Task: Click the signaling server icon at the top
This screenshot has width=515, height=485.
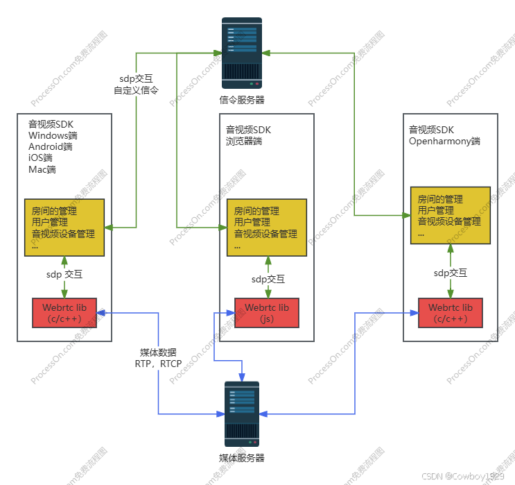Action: point(241,53)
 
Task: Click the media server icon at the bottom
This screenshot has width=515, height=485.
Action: point(242,414)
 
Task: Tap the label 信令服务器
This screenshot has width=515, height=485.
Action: point(242,100)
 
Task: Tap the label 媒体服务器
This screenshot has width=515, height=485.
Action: point(242,458)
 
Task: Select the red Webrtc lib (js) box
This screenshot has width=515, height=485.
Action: point(266,313)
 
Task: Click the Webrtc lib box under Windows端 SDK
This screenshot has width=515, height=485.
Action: point(64,312)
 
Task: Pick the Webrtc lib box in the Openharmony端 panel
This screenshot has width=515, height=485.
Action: point(450,313)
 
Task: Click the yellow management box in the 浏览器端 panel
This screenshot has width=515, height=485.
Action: point(266,228)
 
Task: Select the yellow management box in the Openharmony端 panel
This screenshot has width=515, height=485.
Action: point(450,214)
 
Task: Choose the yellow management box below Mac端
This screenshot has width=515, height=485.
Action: point(64,227)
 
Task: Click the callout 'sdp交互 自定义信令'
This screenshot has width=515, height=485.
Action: point(136,84)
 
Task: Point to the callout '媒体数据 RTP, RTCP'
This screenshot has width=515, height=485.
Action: point(158,357)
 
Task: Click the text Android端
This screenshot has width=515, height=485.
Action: point(51,147)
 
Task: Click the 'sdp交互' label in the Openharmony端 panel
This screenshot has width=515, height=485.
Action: point(451,273)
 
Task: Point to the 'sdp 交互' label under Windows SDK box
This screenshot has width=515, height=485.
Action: point(64,274)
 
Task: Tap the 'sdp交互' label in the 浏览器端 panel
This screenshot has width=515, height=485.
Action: point(268,279)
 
